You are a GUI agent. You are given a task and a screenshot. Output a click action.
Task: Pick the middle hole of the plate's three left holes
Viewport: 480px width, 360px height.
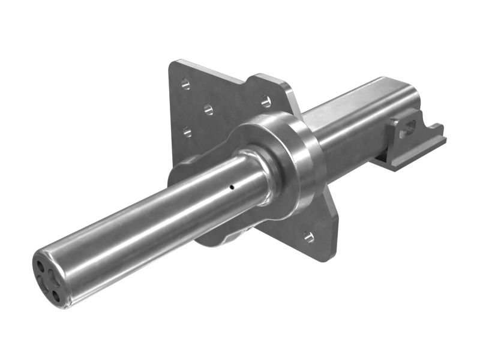(208, 109)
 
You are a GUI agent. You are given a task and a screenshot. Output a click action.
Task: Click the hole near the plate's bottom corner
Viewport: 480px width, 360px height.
(308, 236)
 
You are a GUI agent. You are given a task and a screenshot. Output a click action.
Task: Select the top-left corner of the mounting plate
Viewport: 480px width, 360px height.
(175, 63)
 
